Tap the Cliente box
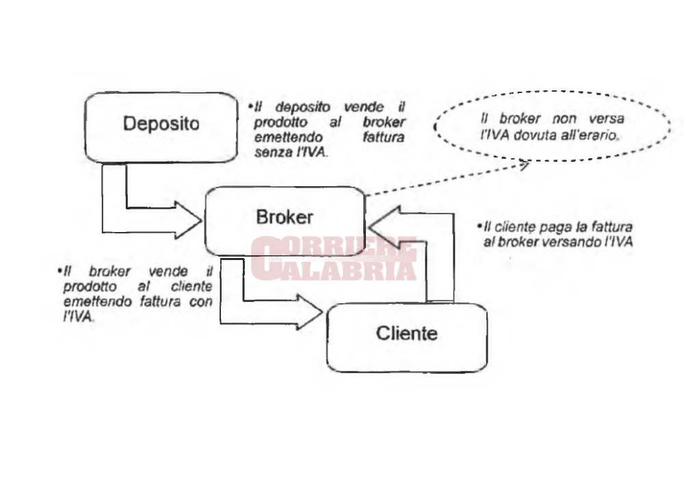coord(406,336)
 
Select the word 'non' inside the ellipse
coord(563,119)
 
